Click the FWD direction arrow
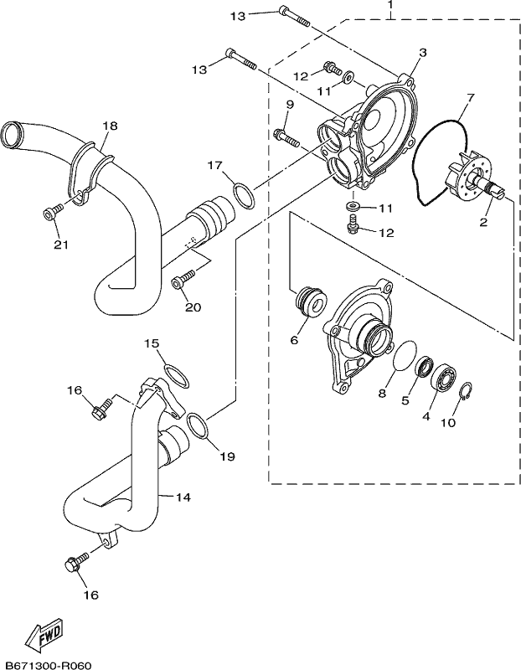[x=44, y=631]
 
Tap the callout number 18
[x=110, y=126]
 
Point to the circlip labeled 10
[x=466, y=391]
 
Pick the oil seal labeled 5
[x=424, y=367]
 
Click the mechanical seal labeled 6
[x=312, y=302]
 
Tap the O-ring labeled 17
[x=244, y=196]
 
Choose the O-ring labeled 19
[x=198, y=426]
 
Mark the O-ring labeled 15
[x=176, y=376]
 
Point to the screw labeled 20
[x=183, y=278]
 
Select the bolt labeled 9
[x=286, y=138]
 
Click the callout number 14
[x=183, y=497]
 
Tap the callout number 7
[x=470, y=97]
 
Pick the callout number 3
[x=423, y=53]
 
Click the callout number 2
[x=483, y=222]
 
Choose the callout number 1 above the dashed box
[x=389, y=5]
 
